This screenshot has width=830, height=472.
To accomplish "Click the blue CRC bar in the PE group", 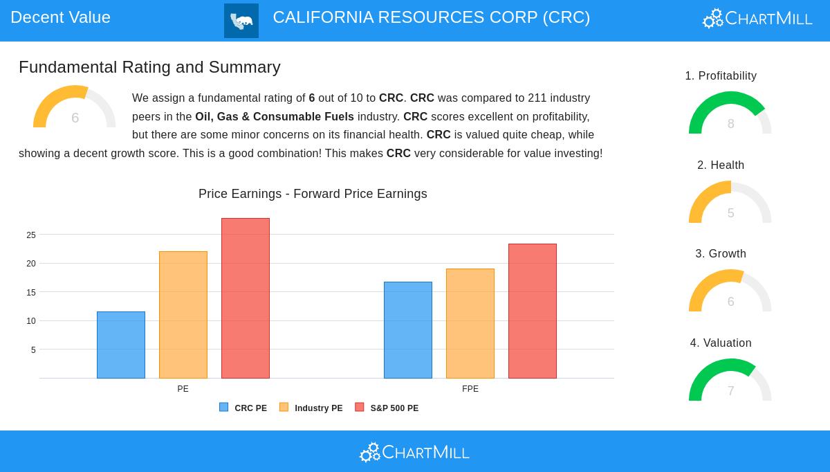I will pos(121,345).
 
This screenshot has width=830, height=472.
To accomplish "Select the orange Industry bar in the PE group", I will pos(183,315).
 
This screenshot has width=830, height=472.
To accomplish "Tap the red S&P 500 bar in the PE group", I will pos(246,298).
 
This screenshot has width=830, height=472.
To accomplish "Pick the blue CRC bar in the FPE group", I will pos(408,330).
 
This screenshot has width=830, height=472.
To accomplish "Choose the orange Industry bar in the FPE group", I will pos(470,323).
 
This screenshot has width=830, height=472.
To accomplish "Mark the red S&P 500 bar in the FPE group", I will pos(533,311).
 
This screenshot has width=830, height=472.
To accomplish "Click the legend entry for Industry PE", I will pos(311,408).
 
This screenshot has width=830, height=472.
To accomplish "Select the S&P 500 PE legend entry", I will pos(387,408).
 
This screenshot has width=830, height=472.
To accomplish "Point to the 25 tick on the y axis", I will pos(31,235).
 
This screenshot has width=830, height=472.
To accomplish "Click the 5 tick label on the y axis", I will pos(33,350).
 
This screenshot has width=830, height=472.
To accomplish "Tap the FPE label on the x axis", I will pos(470,389).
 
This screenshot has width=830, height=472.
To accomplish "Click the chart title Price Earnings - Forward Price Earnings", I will pos(313,194).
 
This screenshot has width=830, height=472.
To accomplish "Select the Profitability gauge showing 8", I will pos(730,114).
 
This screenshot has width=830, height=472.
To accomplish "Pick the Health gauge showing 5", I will pos(730,203).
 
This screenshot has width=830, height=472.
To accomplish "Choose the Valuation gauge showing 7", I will pos(730,381).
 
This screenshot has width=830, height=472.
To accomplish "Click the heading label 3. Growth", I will pos(721,254).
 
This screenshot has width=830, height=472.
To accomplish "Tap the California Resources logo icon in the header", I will pos(241,21).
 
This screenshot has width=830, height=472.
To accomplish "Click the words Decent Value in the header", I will pos(60,17).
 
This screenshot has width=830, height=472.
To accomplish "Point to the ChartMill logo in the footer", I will pos(414,453).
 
